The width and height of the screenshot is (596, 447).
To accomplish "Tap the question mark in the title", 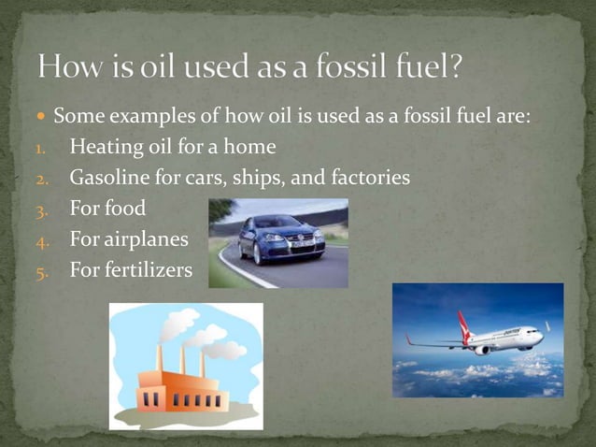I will (455, 67).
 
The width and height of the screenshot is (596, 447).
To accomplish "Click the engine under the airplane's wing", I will (482, 350).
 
